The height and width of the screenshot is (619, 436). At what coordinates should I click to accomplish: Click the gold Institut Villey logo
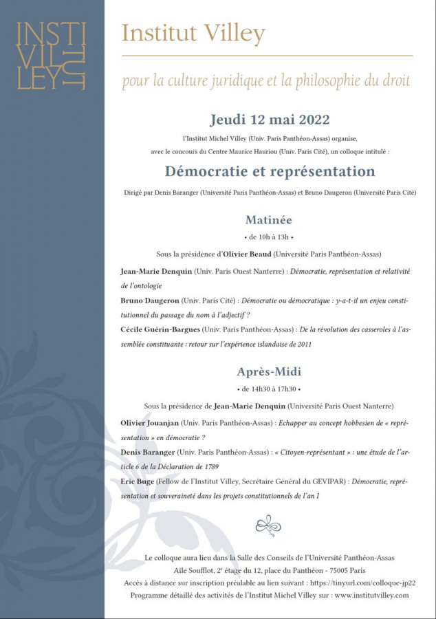pos(51,55)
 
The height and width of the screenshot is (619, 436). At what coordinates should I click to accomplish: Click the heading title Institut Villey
pos(193,32)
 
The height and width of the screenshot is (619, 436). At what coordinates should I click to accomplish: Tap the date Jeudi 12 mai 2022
pos(269,119)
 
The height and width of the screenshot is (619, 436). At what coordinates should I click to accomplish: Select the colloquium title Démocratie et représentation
pos(269,171)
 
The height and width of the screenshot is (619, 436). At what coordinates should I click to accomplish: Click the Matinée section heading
pos(269,220)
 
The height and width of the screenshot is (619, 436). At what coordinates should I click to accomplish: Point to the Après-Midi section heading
pos(269,371)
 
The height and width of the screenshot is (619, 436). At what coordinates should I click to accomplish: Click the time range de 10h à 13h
pos(269,237)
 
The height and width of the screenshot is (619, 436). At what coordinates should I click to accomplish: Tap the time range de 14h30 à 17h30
pos(269,389)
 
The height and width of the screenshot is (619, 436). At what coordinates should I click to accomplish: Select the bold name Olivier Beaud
pos(246,254)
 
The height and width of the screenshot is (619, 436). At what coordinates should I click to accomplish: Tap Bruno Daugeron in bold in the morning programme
pos(149,301)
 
